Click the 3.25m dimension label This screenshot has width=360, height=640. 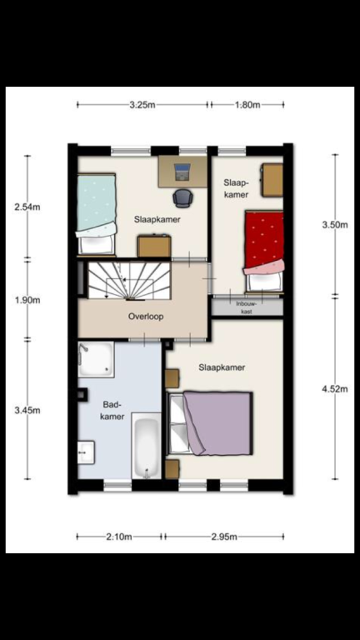pyautogui.click(x=142, y=105)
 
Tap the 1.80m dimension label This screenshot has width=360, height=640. pyautogui.click(x=247, y=105)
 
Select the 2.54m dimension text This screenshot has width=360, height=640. pyautogui.click(x=27, y=207)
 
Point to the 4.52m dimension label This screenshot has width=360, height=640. pyautogui.click(x=335, y=389)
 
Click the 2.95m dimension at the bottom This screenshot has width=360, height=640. pyautogui.click(x=224, y=537)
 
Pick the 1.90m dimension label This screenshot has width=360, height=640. pyautogui.click(x=27, y=300)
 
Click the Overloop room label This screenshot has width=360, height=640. pyautogui.click(x=146, y=317)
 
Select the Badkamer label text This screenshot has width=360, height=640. pyautogui.click(x=112, y=410)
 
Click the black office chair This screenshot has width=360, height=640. pyautogui.click(x=182, y=198)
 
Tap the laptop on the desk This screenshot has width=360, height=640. pyautogui.click(x=182, y=172)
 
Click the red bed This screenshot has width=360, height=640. pyautogui.click(x=263, y=252)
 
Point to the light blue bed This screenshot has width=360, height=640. pyautogui.click(x=97, y=214)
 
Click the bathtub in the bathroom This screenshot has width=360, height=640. pyautogui.click(x=146, y=445)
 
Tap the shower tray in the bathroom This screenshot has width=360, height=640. pyautogui.click(x=96, y=359)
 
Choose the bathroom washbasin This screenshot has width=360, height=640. pyautogui.click(x=86, y=452)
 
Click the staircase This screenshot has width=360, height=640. pyautogui.click(x=129, y=281)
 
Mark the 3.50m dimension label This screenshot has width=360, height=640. pyautogui.click(x=335, y=225)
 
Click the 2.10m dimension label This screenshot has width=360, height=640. pyautogui.click(x=119, y=537)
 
